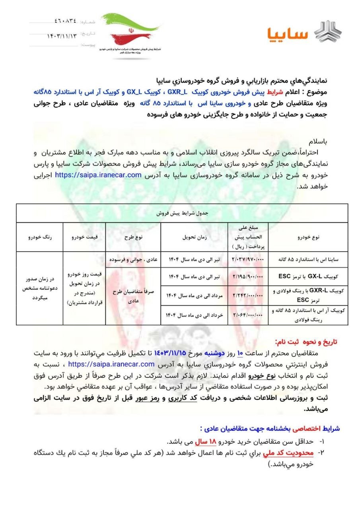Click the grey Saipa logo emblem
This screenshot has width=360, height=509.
[328, 32]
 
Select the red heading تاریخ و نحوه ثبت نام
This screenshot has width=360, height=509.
[307, 342]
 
